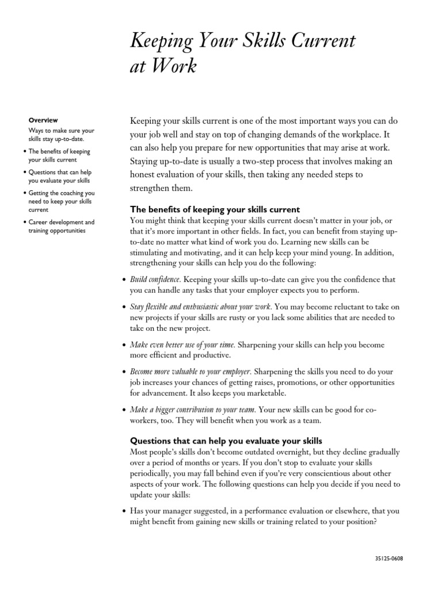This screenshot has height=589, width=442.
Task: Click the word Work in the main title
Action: [172, 67]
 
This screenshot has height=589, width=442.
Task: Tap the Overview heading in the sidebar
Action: [43, 120]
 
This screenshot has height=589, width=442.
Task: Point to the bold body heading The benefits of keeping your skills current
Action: [215, 209]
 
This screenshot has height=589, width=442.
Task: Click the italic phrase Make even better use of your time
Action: [182, 345]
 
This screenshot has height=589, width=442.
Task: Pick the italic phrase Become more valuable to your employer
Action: [190, 372]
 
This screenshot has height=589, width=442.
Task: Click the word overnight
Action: [281, 452]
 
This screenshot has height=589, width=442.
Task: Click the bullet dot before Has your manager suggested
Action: [125, 511]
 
